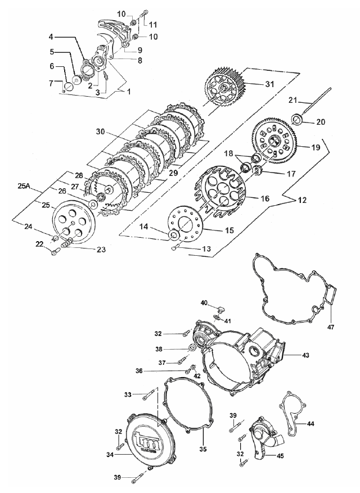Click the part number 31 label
click(x=269, y=84)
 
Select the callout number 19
click(x=316, y=147)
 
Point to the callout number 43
click(x=305, y=355)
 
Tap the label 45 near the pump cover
click(x=280, y=455)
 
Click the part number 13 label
click(x=206, y=248)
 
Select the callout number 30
click(x=100, y=132)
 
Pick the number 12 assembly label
click(x=302, y=200)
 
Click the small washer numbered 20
click(x=298, y=120)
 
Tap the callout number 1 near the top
click(x=129, y=92)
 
